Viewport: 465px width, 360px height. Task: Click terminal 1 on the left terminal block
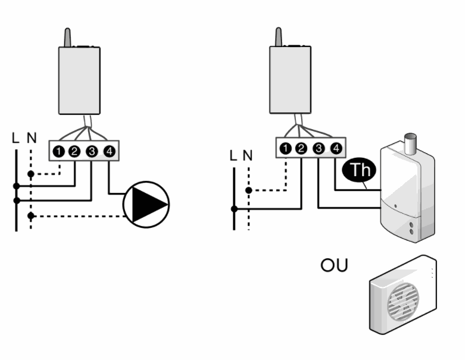pos(59,151)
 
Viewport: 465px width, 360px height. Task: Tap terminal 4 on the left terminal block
pos(110,151)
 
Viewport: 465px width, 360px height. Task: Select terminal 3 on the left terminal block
pos(92,151)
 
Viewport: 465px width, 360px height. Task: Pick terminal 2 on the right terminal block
pos(301,148)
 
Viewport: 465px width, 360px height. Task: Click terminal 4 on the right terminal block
pos(336,148)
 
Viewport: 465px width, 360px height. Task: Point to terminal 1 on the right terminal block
pos(286,148)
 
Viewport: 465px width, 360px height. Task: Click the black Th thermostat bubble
pos(359,170)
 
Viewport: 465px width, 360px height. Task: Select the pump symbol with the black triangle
pos(146,205)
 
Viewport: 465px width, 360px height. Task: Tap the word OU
pos(334,265)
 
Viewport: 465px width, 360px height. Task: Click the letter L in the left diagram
pos(15,138)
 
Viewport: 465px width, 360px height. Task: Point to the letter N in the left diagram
pos(32,138)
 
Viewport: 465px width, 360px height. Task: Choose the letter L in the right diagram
pos(233,155)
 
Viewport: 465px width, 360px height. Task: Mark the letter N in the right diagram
pos(248,155)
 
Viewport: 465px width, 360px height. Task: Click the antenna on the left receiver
pos(68,37)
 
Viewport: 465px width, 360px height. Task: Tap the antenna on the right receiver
pos(279,37)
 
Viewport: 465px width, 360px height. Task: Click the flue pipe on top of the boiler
pos(410,144)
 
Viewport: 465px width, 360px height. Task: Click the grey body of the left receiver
pos(79,80)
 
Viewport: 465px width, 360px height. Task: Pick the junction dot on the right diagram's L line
pos(234,209)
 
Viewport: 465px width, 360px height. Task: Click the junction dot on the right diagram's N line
pos(249,190)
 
